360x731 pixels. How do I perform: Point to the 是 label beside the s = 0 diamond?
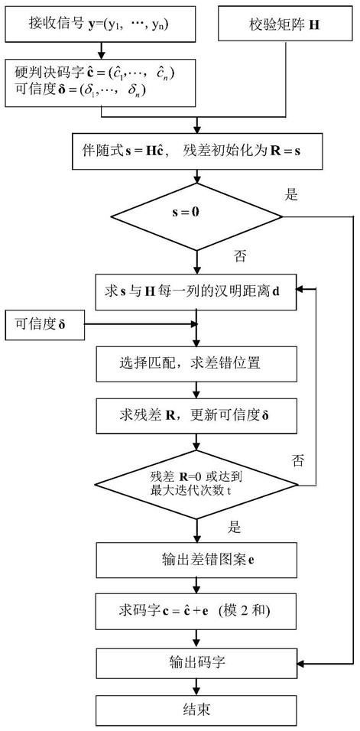[x=291, y=196]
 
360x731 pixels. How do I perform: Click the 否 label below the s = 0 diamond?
[x=239, y=257]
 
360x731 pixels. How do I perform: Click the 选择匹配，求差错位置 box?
[x=196, y=365]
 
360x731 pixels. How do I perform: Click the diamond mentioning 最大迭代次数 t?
[x=196, y=484]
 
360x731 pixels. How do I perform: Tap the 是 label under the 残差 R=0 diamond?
[x=234, y=528]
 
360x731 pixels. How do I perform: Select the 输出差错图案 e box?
[x=196, y=560]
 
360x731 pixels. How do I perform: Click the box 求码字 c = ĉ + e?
[x=196, y=610]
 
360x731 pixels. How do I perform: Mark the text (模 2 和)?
[x=248, y=610]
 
